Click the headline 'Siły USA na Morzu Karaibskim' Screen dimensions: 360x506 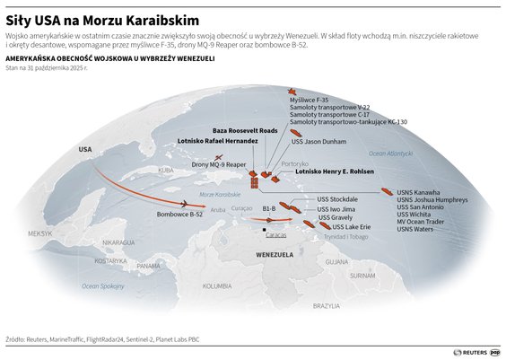(101, 19)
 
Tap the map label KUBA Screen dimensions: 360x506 (164, 170)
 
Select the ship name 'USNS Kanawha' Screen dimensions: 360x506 (419, 192)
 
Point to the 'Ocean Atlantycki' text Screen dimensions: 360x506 (390, 154)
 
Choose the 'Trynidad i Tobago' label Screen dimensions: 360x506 (345, 236)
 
